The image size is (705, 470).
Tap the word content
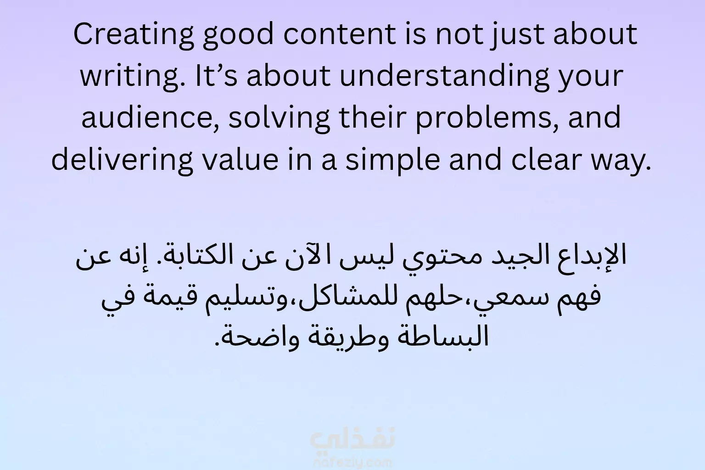pyautogui.click(x=340, y=34)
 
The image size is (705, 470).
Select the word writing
pyautogui.click(x=133, y=77)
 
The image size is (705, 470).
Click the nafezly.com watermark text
pyautogui.click(x=353, y=463)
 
